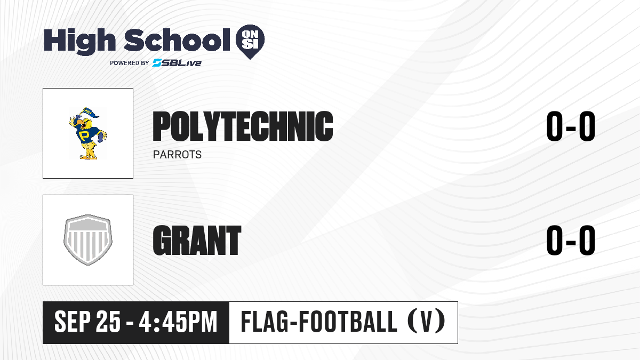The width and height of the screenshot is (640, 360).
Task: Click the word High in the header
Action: [x=79, y=42]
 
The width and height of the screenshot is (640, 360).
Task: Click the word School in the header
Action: [x=177, y=40]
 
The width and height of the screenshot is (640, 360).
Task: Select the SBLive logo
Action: [x=177, y=62]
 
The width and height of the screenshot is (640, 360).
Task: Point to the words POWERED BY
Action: [x=130, y=63]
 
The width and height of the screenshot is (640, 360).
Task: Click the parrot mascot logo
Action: [x=87, y=133]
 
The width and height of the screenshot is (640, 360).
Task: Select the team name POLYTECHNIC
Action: [x=243, y=126]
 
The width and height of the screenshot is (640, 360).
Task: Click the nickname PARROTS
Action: [x=177, y=155]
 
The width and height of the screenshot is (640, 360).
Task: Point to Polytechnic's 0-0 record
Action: [x=571, y=126]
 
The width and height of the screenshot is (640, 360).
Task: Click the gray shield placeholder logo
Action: [x=87, y=240]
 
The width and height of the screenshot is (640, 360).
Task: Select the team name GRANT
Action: [x=197, y=240]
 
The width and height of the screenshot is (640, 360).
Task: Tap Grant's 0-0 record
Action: [x=571, y=240]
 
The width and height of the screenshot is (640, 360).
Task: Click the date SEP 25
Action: [x=87, y=322]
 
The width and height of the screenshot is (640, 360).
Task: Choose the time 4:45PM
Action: [x=178, y=322]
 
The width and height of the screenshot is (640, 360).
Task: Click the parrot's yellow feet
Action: [x=89, y=156]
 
